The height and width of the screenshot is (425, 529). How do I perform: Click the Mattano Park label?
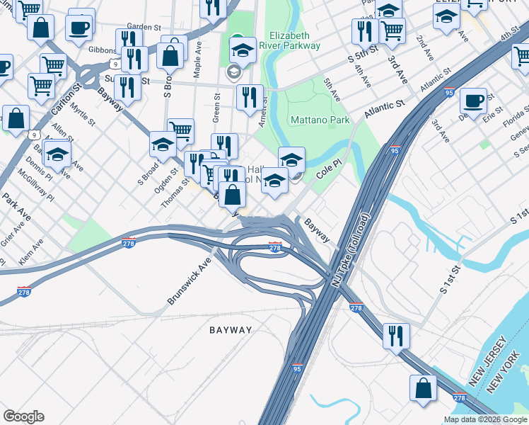pyautogui.click(x=320, y=120)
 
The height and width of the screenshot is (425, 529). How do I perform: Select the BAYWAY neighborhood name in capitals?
pyautogui.click(x=231, y=330)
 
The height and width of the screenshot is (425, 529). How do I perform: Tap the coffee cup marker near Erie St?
pyautogui.click(x=473, y=100)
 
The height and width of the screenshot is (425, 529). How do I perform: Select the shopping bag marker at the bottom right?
pyautogui.click(x=423, y=388)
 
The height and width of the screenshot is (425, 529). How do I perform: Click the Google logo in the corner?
pyautogui.click(x=23, y=416)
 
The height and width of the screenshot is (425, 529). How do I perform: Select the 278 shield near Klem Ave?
pyautogui.click(x=24, y=291)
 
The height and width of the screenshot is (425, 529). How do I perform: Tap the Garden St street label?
pyautogui.click(x=144, y=27)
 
